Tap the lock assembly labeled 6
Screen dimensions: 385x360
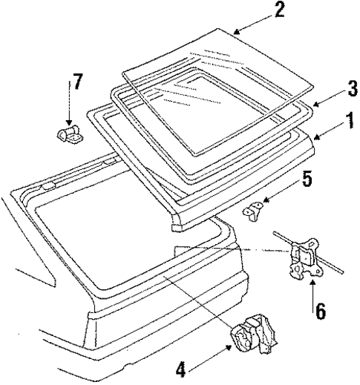304,260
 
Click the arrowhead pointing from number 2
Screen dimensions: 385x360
235,31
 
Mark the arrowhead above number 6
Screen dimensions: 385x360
313,281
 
